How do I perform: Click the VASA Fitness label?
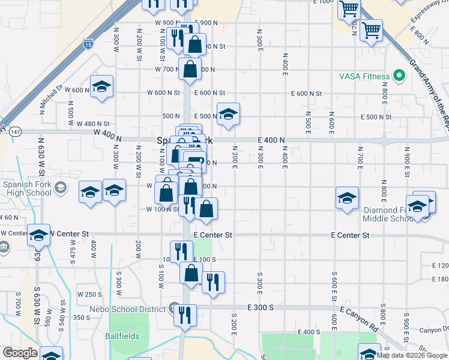[x=364, y=76]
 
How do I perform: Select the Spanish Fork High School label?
[x=27, y=188]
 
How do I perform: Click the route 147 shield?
[x=15, y=131]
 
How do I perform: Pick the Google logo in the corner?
[x=20, y=353]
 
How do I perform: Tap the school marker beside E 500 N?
[x=228, y=115]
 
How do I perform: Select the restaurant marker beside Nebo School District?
[x=185, y=314]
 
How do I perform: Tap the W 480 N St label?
[x=93, y=124]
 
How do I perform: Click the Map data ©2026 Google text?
[x=412, y=355]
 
